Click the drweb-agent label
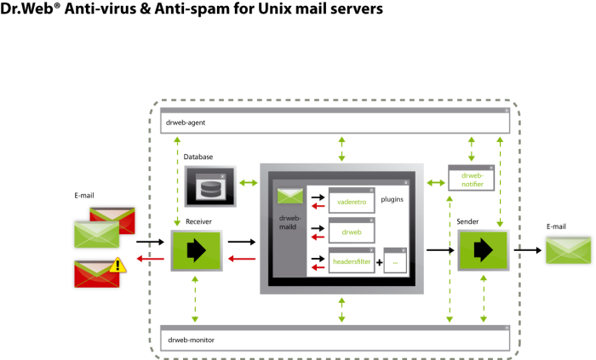click(x=186, y=123)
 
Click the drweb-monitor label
click(x=191, y=340)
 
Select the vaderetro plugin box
click(x=352, y=200)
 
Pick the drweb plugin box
click(x=352, y=230)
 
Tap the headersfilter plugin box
click(x=352, y=260)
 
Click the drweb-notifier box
click(x=472, y=178)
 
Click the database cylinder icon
click(x=210, y=189)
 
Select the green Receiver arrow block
click(x=197, y=250)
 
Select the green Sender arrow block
click(x=483, y=250)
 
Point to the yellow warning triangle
click(x=117, y=265)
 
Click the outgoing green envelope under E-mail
click(x=568, y=250)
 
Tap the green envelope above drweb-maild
click(x=290, y=196)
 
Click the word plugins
click(x=392, y=199)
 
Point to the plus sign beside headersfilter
click(x=380, y=262)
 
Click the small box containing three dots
click(x=395, y=260)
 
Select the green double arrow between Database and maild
click(x=249, y=183)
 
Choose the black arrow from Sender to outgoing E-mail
click(x=528, y=250)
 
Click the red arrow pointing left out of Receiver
click(x=150, y=259)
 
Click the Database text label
click(x=198, y=157)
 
